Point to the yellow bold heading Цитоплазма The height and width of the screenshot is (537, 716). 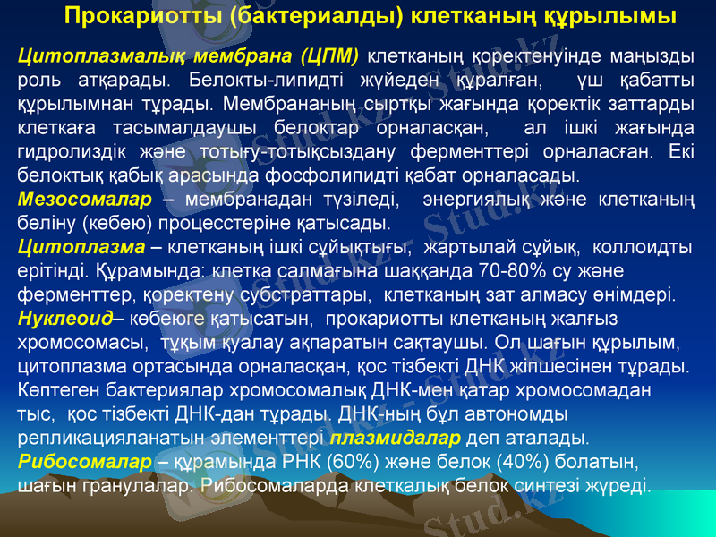coord(81,244)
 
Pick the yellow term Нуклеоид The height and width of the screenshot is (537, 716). coord(65,318)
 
